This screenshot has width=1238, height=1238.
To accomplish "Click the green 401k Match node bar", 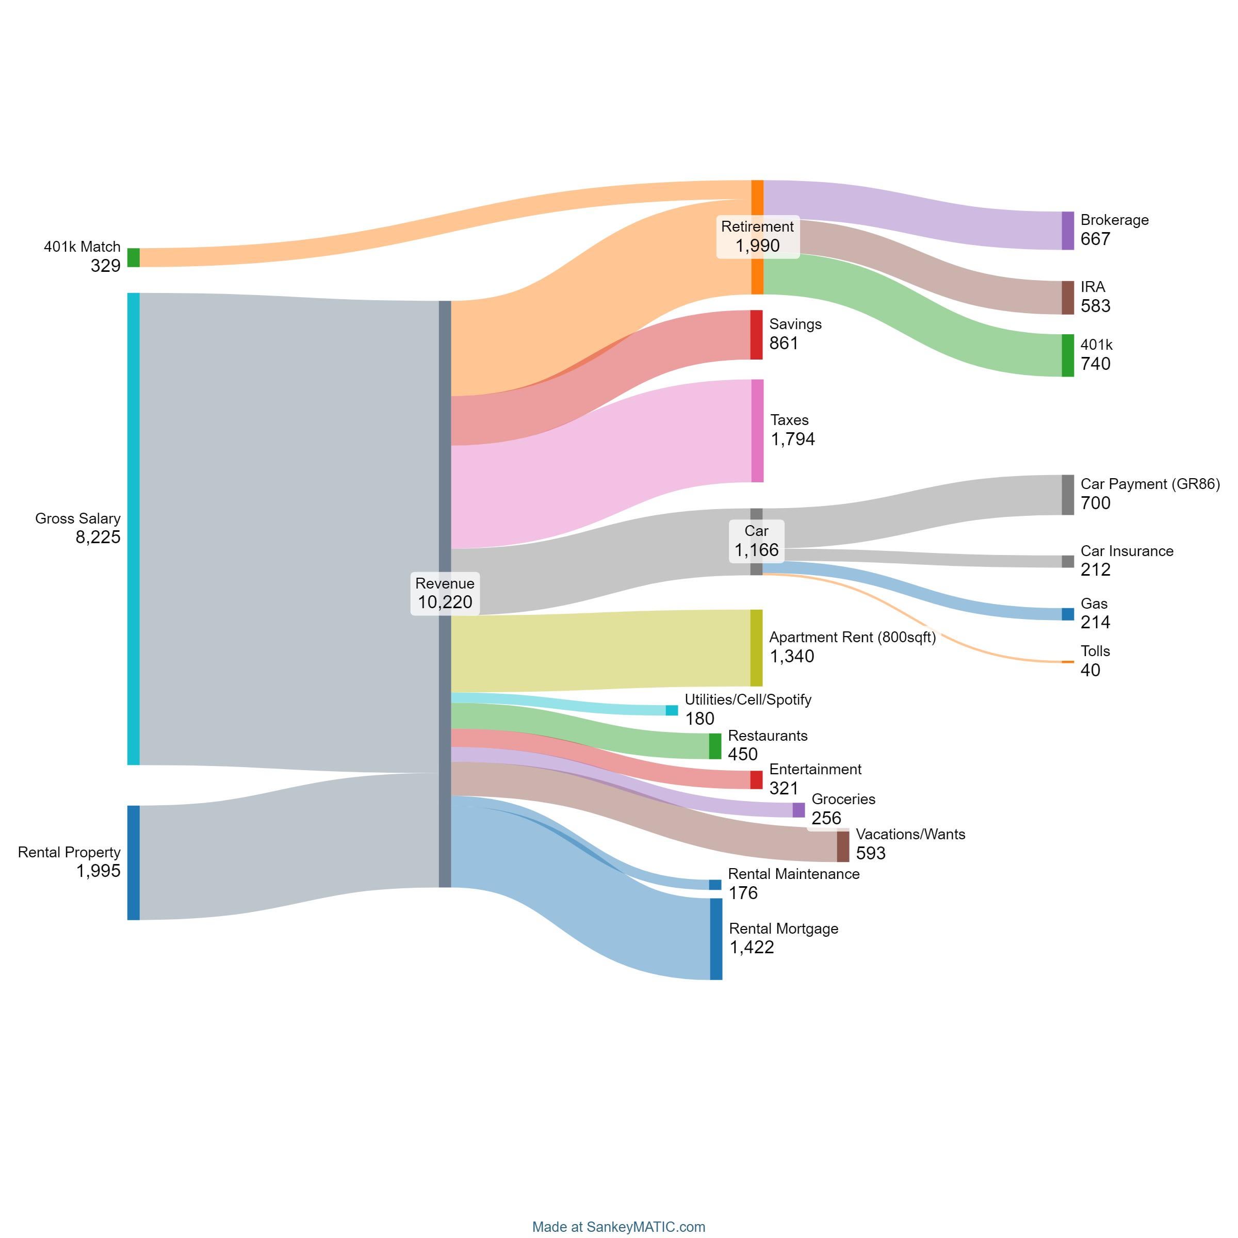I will point(133,257).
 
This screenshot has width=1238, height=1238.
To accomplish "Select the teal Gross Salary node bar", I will point(133,529).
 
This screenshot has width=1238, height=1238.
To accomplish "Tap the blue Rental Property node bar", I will point(133,862).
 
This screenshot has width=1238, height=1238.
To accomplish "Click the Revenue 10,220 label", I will point(445,593).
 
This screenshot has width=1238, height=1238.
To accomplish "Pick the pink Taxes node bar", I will point(757,431).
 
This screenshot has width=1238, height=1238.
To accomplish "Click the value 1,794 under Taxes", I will point(793,439).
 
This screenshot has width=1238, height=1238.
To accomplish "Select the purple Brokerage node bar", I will point(1068,231).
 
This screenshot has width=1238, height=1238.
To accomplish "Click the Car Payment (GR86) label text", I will point(1150,484).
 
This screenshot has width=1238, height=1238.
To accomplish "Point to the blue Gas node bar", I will point(1068,614).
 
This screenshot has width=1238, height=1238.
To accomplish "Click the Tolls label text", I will point(1095,651).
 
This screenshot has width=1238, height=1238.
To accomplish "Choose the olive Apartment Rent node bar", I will point(757,648).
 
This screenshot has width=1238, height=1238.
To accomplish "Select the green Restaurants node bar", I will point(715,746).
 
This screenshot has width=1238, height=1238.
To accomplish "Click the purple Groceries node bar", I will point(799,810).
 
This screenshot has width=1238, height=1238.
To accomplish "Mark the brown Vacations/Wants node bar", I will point(843,846).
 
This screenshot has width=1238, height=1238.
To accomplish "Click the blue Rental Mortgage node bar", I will point(716,939).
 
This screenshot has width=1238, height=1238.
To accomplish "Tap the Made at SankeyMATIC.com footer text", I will point(618,1227).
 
